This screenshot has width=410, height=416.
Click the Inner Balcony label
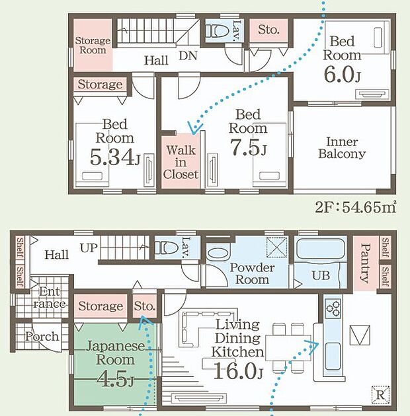342,147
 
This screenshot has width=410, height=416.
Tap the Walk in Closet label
181,162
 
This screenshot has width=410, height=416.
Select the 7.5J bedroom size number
248,147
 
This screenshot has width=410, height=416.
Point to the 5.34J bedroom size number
114,157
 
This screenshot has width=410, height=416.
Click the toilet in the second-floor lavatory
218,31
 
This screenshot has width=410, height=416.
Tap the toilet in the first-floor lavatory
167,248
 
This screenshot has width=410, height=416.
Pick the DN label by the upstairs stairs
188,55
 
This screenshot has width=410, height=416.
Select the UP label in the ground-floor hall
89,248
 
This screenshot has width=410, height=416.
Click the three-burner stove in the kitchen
333,308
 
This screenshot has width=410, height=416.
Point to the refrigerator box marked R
380,395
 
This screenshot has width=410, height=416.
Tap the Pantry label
366,263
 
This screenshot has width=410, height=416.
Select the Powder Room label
252,273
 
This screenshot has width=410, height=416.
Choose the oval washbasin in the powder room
218,254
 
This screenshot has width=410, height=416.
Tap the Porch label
42,336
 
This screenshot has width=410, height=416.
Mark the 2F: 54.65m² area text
356,207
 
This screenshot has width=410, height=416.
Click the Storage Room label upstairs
93,45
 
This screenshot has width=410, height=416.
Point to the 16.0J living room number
238,370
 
